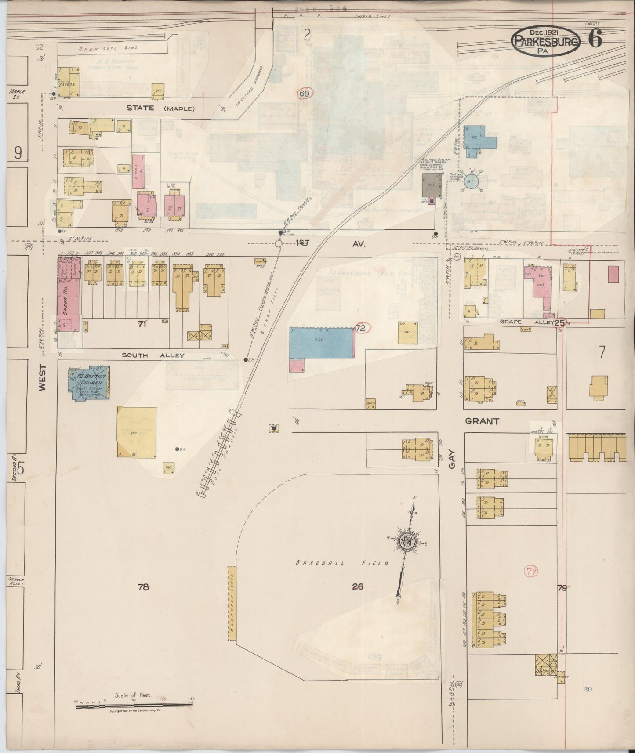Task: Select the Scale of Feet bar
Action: click(x=134, y=705)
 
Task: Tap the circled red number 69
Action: click(x=305, y=94)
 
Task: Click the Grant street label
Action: click(x=482, y=421)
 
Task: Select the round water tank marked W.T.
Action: click(x=471, y=181)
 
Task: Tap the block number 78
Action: click(x=143, y=586)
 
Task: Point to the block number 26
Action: click(x=358, y=586)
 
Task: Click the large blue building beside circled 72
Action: click(x=321, y=343)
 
